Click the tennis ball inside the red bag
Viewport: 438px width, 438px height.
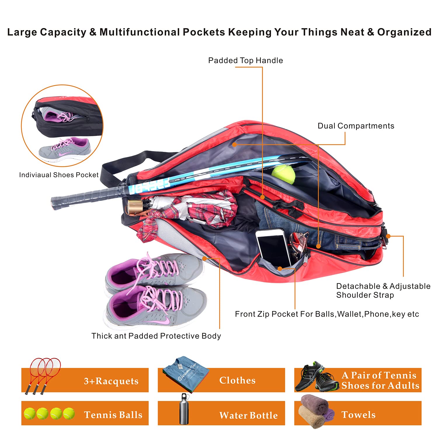(x=283, y=174)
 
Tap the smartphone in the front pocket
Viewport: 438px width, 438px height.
(x=273, y=247)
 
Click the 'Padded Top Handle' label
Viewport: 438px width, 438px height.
(x=245, y=60)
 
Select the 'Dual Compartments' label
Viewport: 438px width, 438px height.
(x=356, y=126)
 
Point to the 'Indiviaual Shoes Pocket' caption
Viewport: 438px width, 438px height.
(x=59, y=175)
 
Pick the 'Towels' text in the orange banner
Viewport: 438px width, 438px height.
(x=358, y=415)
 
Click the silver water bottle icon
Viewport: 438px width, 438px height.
(x=184, y=409)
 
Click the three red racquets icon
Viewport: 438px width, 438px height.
(x=44, y=375)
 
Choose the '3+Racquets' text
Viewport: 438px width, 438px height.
(x=111, y=381)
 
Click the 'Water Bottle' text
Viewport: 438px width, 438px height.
(x=248, y=415)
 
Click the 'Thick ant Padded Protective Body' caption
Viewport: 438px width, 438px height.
(x=156, y=336)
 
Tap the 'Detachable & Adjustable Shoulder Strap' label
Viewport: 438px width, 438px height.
(x=383, y=290)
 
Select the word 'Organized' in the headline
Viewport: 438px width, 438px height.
(x=404, y=32)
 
